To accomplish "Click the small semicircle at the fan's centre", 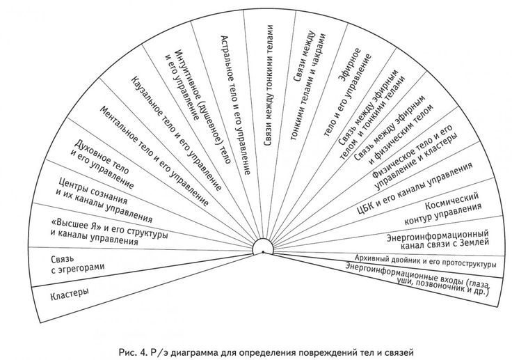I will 265,248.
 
